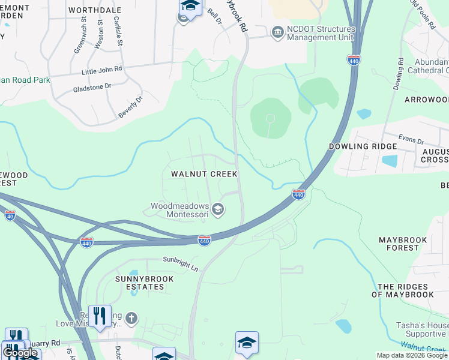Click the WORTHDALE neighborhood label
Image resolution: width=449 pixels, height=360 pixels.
tap(95, 10)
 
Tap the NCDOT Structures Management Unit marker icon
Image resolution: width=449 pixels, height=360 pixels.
tap(277, 32)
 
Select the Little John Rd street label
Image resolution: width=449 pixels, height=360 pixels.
tap(102, 70)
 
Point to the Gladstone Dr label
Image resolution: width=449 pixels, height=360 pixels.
tap(92, 86)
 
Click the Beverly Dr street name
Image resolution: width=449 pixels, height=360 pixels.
tap(131, 107)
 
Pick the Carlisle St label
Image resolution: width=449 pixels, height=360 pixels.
tap(118, 32)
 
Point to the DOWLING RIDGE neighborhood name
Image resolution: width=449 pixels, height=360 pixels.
tap(363, 146)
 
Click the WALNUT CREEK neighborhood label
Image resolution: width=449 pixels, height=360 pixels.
tap(204, 174)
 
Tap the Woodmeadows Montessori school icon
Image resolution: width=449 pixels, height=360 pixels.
tap(218, 209)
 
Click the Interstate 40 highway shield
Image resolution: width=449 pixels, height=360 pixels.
tap(10, 215)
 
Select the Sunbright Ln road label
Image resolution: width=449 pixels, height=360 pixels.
tap(181, 263)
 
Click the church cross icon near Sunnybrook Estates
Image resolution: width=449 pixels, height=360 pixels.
tap(131, 318)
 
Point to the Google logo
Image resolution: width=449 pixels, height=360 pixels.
tap(20, 353)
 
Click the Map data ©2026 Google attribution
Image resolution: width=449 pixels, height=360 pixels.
tap(411, 355)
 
